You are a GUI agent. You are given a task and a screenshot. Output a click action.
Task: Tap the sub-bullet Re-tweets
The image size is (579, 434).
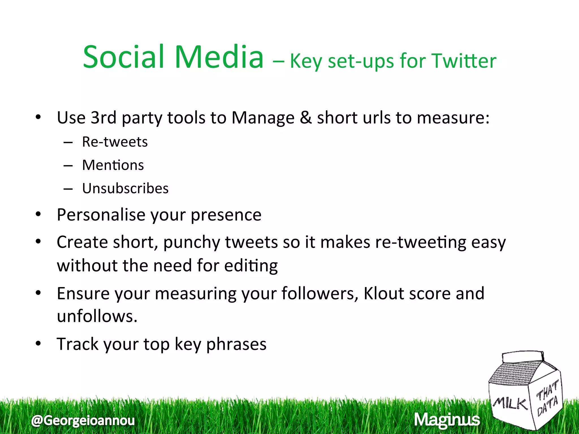(x=114, y=142)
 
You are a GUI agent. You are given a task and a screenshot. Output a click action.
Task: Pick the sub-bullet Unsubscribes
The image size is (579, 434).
(x=125, y=188)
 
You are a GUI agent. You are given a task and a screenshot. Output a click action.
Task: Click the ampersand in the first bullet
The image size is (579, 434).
(x=305, y=117)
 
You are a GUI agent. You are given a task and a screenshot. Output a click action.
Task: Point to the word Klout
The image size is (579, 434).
(x=384, y=293)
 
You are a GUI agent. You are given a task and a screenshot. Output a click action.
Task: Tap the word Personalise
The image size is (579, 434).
(x=101, y=215)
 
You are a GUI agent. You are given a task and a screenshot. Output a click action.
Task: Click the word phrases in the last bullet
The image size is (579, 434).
(x=236, y=344)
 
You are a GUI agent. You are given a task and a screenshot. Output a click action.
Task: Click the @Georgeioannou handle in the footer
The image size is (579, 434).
(x=83, y=420)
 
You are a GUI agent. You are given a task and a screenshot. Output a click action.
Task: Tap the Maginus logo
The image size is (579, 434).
(x=447, y=420)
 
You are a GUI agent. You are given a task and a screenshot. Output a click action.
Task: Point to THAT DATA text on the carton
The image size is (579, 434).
(x=547, y=399)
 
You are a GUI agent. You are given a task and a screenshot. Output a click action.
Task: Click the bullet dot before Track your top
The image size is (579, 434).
(x=38, y=344)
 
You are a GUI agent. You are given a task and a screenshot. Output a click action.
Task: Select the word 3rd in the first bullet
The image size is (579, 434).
(x=103, y=117)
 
